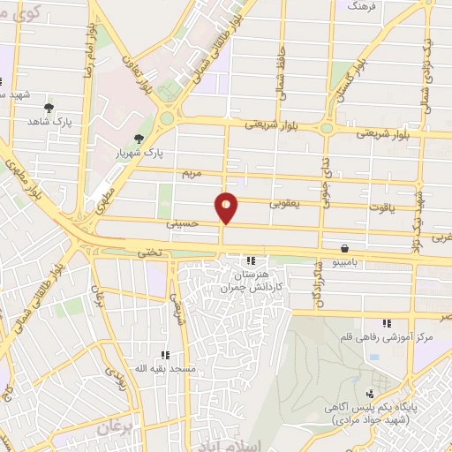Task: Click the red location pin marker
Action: (227, 208)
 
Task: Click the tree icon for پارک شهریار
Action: (139, 138)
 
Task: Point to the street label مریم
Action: (192, 174)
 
